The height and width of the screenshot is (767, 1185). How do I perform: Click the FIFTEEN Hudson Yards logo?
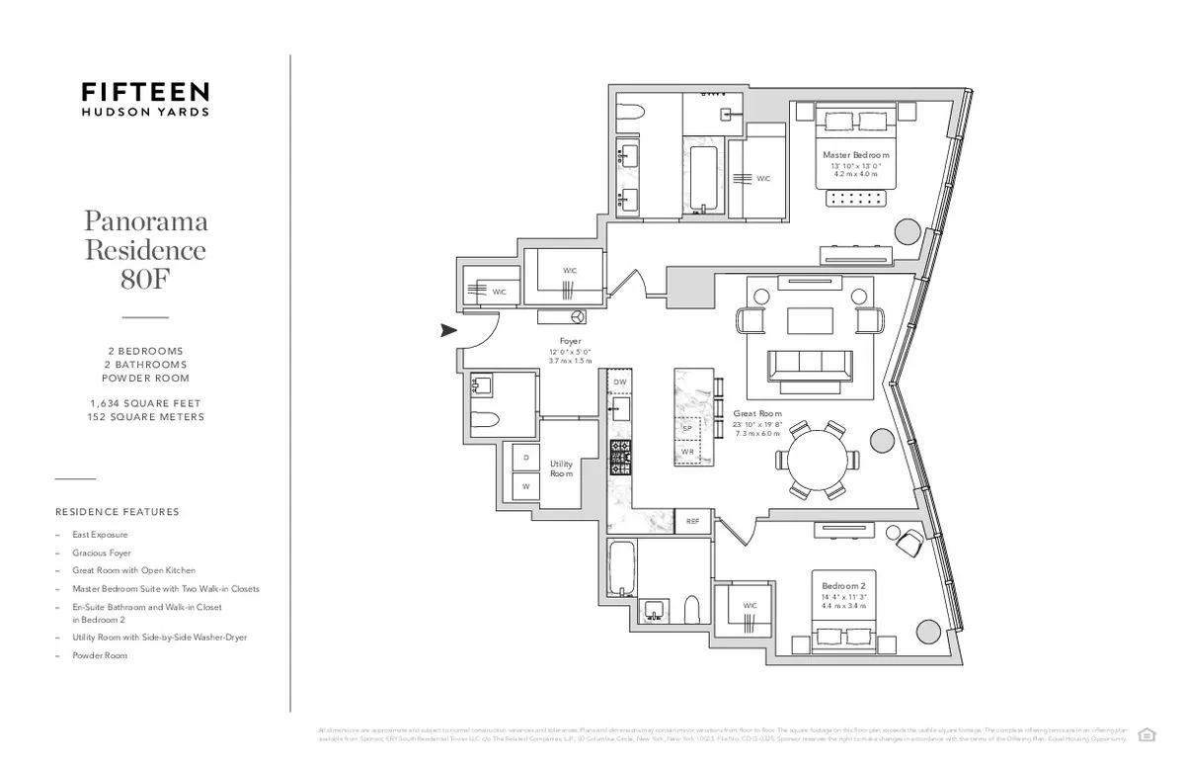[144, 99]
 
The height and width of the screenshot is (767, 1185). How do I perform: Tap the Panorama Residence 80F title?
[145, 248]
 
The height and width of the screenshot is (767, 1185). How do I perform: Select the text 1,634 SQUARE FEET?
[145, 403]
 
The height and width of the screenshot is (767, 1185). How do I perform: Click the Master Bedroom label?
[855, 155]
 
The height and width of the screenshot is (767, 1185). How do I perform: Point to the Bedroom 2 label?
[842, 586]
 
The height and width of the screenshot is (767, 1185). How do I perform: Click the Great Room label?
[757, 413]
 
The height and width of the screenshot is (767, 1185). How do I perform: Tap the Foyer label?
[569, 340]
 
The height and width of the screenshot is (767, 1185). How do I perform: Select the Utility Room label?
[561, 469]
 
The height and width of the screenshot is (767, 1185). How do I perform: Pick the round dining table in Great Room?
[817, 460]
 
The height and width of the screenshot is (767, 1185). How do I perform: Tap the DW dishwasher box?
[619, 382]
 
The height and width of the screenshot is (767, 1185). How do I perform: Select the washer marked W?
[525, 486]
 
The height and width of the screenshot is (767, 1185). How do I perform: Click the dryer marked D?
[525, 458]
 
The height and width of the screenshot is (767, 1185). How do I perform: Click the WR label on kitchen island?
[687, 452]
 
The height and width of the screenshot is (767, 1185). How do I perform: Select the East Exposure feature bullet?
[100, 535]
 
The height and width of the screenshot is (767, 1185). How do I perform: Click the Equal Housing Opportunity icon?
[1146, 733]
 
